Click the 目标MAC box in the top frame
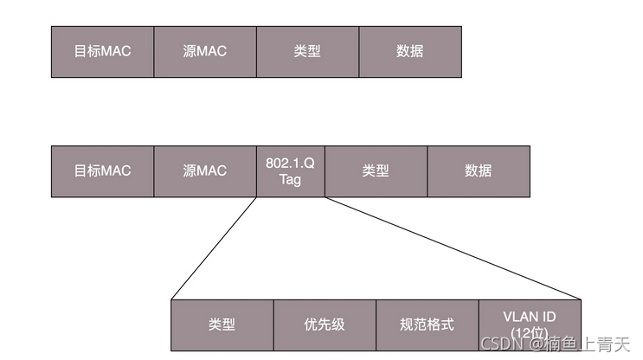pyautogui.click(x=102, y=51)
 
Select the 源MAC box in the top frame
pyautogui.click(x=205, y=51)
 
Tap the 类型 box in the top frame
pyautogui.click(x=307, y=51)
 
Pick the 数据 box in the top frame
pyautogui.click(x=409, y=51)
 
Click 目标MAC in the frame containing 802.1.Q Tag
pyautogui.click(x=102, y=170)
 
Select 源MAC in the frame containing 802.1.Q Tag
pyautogui.click(x=205, y=170)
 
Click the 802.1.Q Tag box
pyautogui.click(x=291, y=170)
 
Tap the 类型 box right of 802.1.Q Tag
pyautogui.click(x=376, y=170)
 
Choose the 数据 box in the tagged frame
pyautogui.click(x=478, y=170)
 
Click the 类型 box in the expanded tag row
pyautogui.click(x=222, y=325)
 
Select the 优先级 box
pyautogui.click(x=325, y=325)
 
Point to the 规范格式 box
pyautogui.click(x=427, y=325)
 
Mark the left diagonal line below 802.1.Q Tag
pyautogui.click(x=215, y=247)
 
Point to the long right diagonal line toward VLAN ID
pyautogui.click(x=453, y=247)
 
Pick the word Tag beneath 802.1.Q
pyautogui.click(x=291, y=179)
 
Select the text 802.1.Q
pyautogui.click(x=291, y=163)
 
